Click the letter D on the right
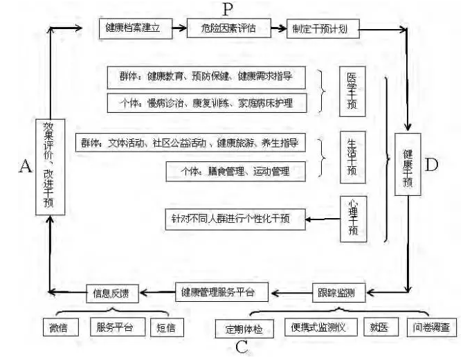tap(432, 165)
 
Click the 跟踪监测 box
tap(338, 292)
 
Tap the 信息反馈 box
tap(112, 292)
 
